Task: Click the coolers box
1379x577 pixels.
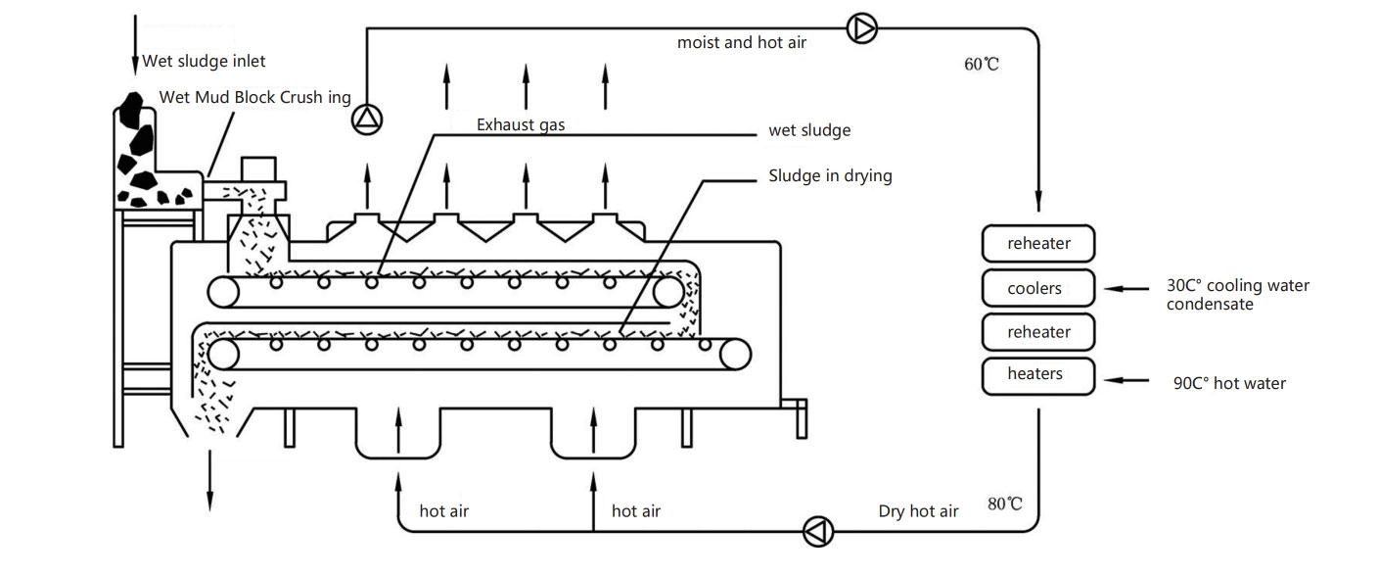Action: (1038, 288)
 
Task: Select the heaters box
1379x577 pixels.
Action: (1038, 376)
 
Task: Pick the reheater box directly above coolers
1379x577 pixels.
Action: (1038, 244)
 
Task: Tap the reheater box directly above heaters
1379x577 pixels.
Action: (1038, 332)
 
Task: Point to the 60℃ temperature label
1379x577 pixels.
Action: (982, 64)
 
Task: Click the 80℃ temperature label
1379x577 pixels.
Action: (1005, 505)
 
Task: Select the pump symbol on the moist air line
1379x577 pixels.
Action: (862, 28)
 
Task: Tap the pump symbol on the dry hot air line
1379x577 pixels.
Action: (818, 531)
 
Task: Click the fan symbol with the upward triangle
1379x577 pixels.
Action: (367, 119)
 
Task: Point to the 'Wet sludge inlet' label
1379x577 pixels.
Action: (204, 61)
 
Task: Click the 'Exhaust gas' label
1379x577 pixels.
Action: (521, 125)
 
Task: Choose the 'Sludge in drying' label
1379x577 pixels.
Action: (830, 176)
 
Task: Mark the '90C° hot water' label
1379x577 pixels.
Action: (1229, 383)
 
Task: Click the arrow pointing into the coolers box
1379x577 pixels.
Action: (1126, 288)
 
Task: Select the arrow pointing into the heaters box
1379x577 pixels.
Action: (1126, 380)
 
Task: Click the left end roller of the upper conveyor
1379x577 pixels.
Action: (223, 292)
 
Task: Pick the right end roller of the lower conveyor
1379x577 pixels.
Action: (735, 355)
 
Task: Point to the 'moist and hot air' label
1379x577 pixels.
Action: (741, 42)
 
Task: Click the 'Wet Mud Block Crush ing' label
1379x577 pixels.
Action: (254, 97)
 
